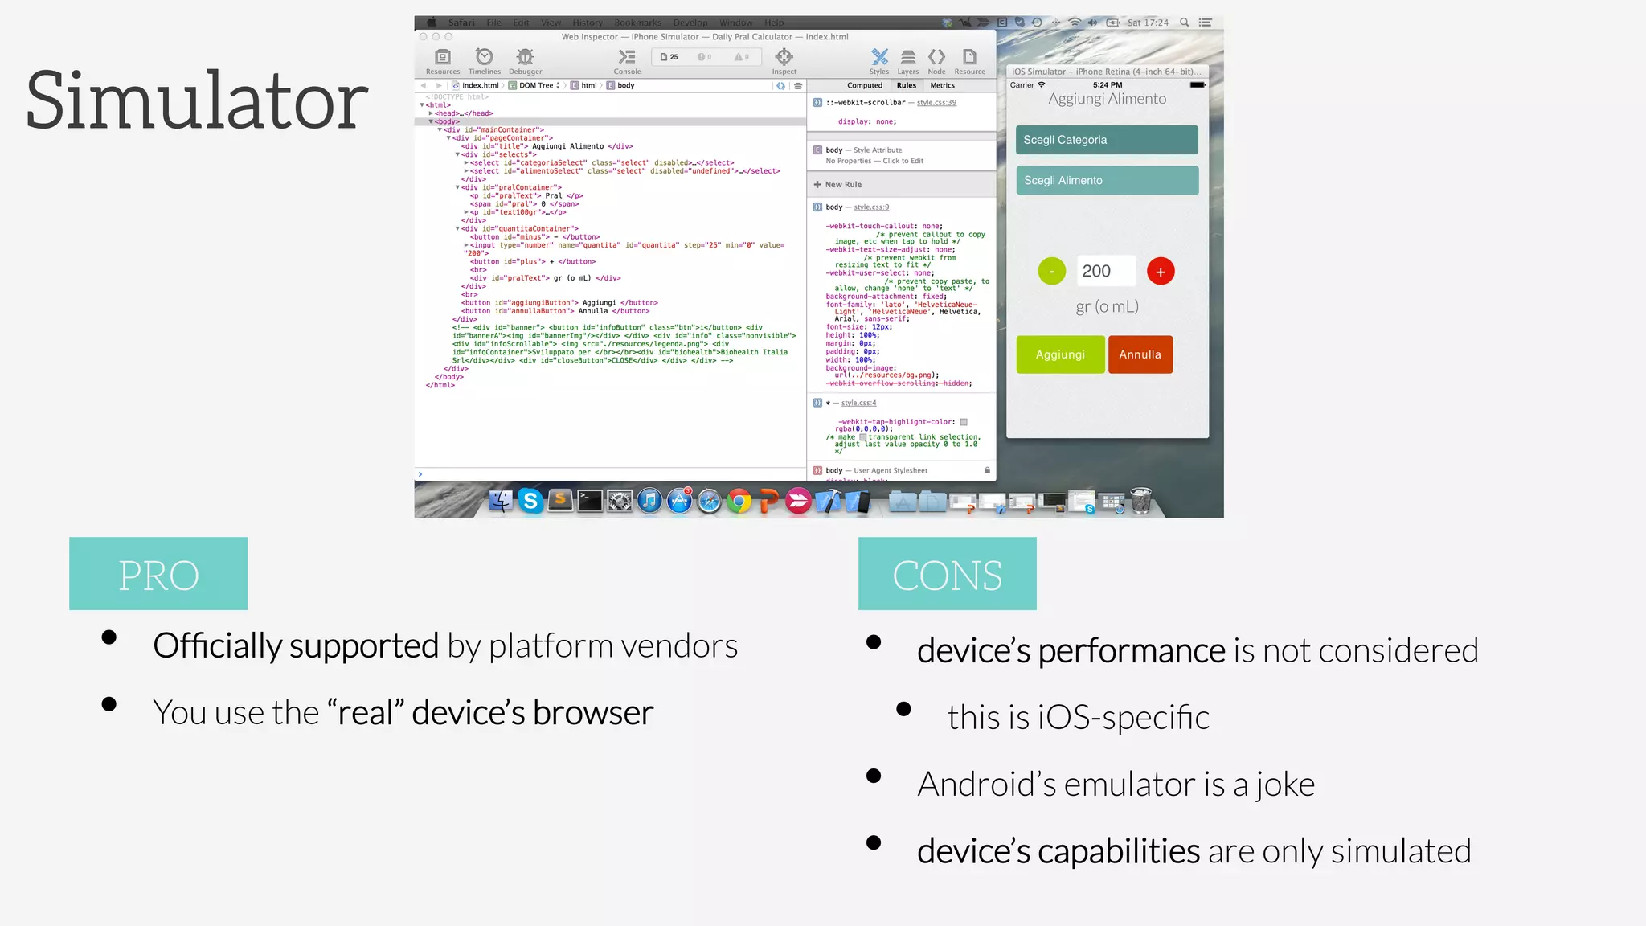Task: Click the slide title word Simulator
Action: [x=197, y=100]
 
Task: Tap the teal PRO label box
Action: [x=158, y=574]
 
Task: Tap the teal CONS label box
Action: [x=947, y=574]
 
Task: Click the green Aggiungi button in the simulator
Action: [x=1060, y=354]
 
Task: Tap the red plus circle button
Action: [x=1161, y=272]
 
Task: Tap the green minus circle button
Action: [x=1051, y=272]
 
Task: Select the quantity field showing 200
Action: [x=1106, y=271]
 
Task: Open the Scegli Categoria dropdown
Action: [x=1106, y=140]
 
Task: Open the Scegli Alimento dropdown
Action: [x=1106, y=181]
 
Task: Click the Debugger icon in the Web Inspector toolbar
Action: [x=525, y=58]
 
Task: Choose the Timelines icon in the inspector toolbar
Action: [x=484, y=58]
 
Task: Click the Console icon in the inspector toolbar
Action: [x=627, y=58]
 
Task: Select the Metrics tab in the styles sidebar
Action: [x=943, y=85]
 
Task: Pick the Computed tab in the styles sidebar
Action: [x=865, y=85]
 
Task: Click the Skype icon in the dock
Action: [x=530, y=502]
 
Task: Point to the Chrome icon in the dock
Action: [x=739, y=502]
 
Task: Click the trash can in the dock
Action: [x=1140, y=501]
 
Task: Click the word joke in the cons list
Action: [x=1284, y=785]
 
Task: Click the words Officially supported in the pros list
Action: [x=296, y=646]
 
